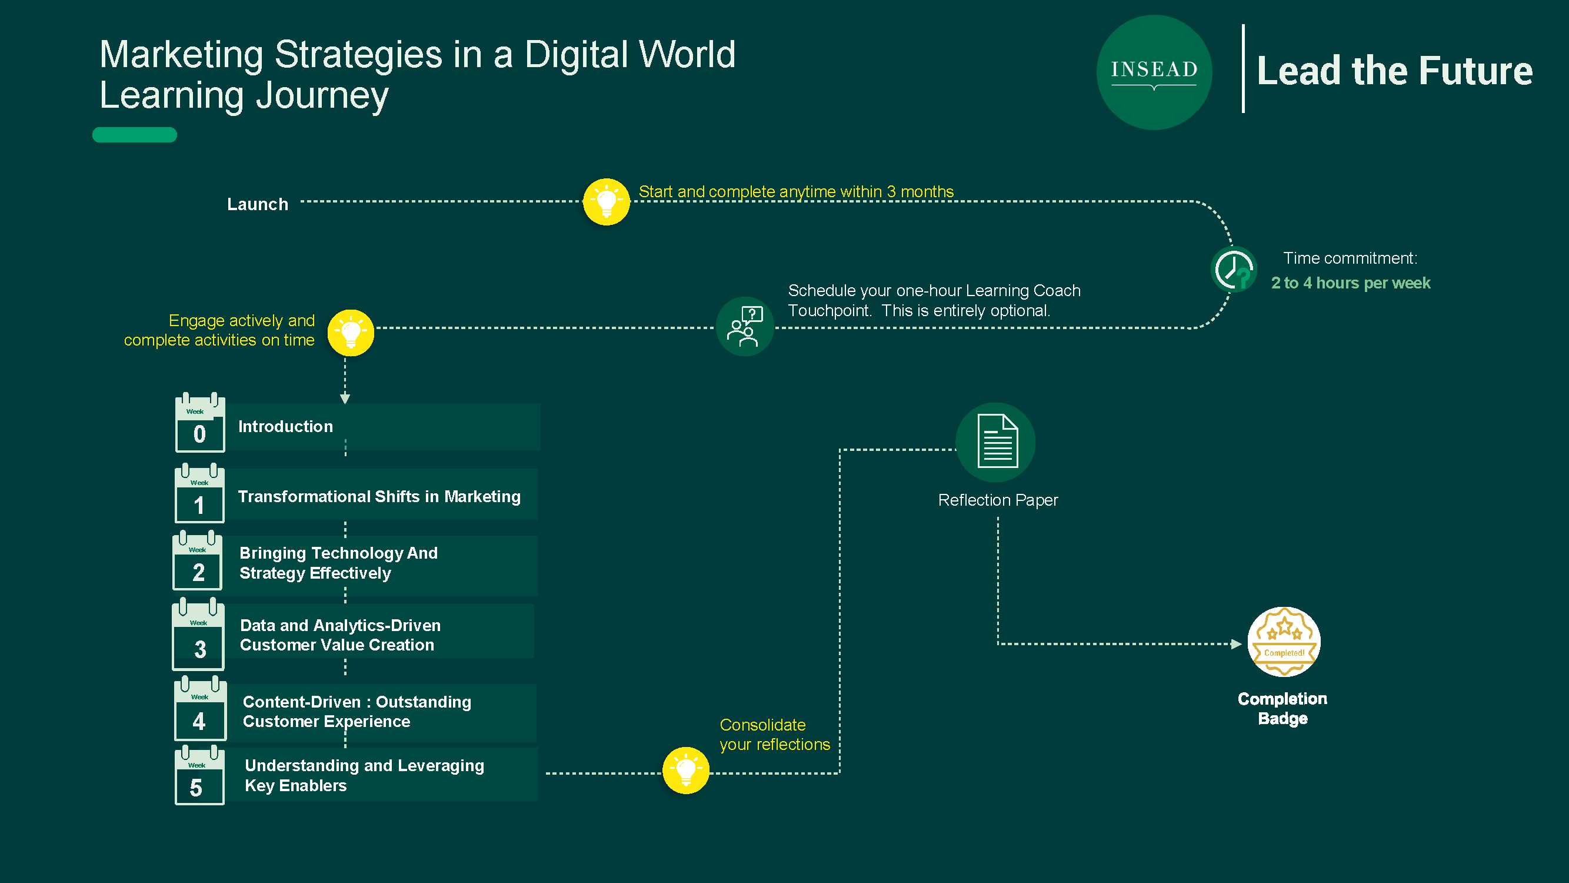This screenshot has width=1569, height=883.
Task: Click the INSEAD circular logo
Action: [1154, 72]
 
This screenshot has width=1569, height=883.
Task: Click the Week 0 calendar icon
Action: [200, 422]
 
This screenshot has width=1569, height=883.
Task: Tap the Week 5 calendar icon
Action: [200, 775]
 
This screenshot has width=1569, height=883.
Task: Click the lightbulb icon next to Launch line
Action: [606, 202]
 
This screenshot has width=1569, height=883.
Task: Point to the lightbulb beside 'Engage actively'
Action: [351, 333]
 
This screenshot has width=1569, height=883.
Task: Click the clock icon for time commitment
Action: [1234, 270]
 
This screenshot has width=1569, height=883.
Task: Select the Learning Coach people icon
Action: [744, 327]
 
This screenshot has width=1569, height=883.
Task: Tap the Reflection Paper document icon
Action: [996, 442]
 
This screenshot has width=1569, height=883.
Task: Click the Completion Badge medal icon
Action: [1284, 642]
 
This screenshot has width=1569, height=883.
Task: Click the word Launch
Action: [258, 204]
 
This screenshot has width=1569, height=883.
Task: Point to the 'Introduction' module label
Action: [286, 427]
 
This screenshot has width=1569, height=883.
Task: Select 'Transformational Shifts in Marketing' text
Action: [379, 497]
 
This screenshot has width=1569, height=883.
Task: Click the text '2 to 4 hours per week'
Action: [1350, 283]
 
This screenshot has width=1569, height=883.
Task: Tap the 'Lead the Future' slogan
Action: [1395, 71]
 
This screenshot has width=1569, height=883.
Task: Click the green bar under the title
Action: [135, 135]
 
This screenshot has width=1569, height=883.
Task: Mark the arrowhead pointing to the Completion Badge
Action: [1236, 644]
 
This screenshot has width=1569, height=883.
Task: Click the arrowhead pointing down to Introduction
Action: [345, 399]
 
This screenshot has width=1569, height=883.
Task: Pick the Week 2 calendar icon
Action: [198, 560]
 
